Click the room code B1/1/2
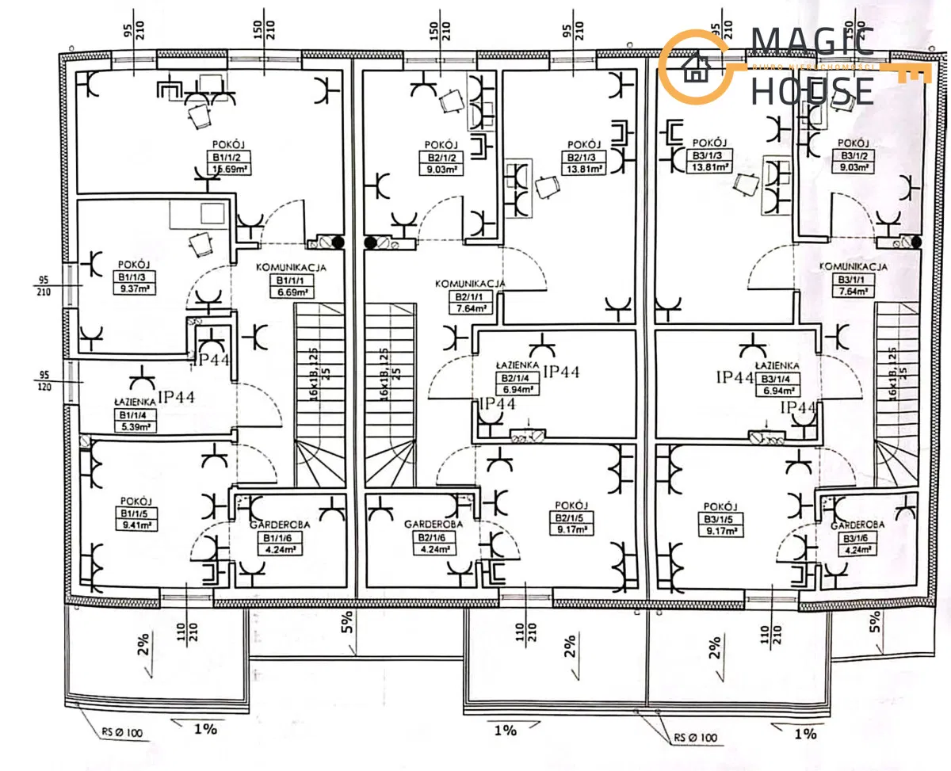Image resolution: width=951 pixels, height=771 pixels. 225,156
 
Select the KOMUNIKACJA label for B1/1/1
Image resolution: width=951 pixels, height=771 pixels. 291,268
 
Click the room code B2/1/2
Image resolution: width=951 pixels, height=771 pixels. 441,157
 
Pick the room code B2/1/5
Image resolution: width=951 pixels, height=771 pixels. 571,518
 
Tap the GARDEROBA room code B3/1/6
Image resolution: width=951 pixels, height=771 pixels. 857,538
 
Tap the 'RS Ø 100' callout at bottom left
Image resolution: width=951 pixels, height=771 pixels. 122,734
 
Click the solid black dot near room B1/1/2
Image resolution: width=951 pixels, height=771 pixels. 337,242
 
